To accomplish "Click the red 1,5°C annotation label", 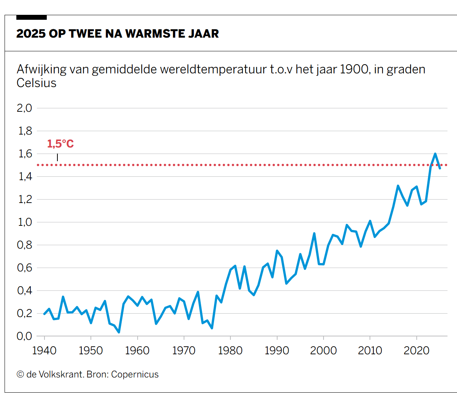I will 60,144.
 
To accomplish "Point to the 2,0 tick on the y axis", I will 24,108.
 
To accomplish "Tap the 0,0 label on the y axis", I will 24,336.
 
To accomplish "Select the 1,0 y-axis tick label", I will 24,222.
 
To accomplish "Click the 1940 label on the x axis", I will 44,350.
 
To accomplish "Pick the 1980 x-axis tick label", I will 230,350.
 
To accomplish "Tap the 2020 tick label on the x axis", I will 416,350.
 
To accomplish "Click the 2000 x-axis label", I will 323,350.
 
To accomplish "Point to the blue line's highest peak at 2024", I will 435,154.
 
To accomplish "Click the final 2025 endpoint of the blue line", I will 440,168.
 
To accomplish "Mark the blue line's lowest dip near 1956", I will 119,332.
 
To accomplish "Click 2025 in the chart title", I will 31,34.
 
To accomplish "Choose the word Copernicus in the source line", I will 135,374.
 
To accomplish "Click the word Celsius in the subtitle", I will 36,83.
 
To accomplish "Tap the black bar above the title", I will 32,17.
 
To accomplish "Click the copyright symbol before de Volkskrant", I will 20,374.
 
